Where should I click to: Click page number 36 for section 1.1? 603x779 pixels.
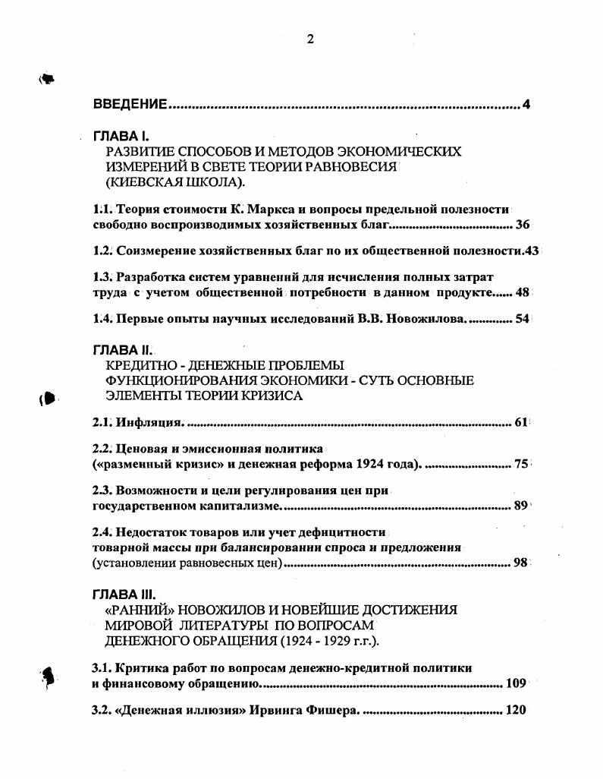522,225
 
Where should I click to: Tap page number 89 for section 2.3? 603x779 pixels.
520,505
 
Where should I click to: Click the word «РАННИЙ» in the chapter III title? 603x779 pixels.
145,610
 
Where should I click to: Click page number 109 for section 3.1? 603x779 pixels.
515,684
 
